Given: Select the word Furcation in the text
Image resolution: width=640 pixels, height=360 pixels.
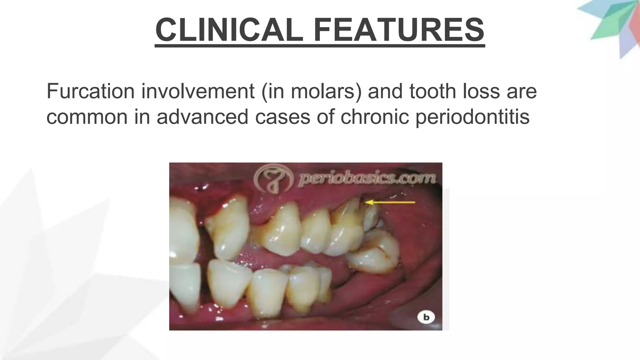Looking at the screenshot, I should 91,91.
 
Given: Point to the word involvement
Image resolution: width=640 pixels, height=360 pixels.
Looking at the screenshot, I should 198,91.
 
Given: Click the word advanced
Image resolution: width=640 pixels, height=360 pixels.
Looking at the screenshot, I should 202,117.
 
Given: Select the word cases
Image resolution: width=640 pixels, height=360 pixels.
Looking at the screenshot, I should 282,117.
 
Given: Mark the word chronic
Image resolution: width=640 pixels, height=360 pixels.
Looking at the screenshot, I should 375,117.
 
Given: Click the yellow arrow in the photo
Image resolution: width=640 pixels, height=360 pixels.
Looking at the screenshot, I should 391,202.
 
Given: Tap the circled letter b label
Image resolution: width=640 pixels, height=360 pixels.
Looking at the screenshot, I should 426,317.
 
